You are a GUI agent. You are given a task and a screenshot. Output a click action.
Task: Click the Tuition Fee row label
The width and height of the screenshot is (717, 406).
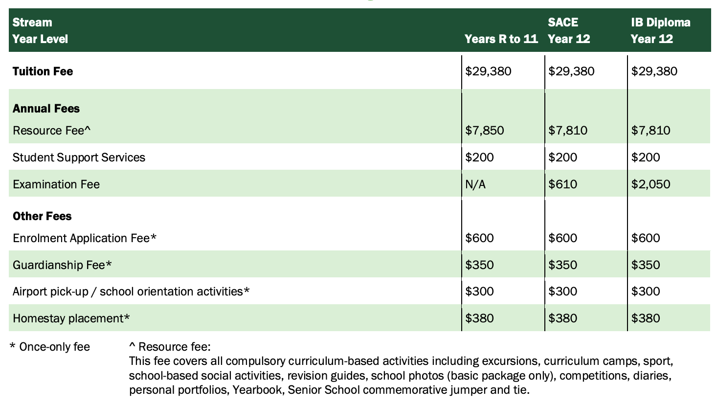coord(43,71)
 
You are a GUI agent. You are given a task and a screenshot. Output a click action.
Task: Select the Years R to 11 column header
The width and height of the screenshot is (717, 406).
coord(501,39)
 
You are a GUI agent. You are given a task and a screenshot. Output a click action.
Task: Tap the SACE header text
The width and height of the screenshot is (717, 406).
coord(563,23)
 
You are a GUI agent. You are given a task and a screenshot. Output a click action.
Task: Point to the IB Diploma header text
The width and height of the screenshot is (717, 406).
coord(661,23)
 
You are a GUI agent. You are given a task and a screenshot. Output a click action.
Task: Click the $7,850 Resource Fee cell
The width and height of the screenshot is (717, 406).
coord(485,131)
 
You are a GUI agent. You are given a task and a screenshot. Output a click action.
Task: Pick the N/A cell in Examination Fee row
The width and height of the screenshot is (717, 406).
coord(475,184)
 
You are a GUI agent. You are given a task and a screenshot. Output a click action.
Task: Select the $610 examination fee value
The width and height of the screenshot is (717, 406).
coord(563,184)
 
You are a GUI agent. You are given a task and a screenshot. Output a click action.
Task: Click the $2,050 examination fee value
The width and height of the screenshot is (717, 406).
coord(651,184)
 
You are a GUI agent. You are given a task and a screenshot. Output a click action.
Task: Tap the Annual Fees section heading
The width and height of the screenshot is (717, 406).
coord(46,109)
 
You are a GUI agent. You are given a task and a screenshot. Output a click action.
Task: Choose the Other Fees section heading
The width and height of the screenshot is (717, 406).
coord(42,216)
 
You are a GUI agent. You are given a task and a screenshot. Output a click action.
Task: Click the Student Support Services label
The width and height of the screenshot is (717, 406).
coord(79,158)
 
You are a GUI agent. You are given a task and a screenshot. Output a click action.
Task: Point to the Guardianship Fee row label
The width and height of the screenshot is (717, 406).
coord(62,265)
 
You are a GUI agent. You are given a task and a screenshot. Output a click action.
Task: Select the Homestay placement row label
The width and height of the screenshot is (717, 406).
coord(71,318)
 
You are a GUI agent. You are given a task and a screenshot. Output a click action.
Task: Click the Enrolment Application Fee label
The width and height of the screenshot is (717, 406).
coord(85,238)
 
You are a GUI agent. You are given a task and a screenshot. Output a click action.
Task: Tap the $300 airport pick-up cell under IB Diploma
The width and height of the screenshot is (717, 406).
coord(646,292)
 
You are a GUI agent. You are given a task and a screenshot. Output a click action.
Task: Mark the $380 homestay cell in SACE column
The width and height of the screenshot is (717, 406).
coord(563,318)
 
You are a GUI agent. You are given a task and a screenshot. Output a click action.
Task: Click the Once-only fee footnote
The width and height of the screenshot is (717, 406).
coord(50,347)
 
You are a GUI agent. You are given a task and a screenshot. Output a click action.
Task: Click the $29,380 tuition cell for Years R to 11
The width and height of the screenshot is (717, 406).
coord(488,71)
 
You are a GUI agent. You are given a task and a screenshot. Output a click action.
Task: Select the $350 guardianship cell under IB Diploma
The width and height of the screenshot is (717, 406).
coord(646,265)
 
